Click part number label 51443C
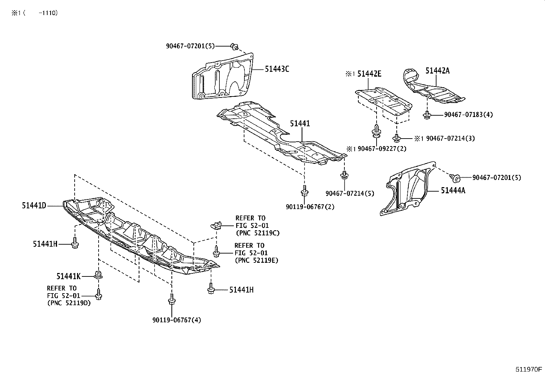click(277, 69)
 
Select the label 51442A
click(437, 71)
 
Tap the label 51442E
click(369, 74)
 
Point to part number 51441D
click(34, 206)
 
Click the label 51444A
click(453, 191)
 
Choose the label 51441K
click(68, 276)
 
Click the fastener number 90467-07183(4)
click(468, 115)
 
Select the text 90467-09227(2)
click(382, 149)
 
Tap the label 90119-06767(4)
click(177, 320)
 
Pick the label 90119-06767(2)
click(310, 207)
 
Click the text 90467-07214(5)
click(350, 193)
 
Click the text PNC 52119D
click(69, 303)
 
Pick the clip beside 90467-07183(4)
click(427, 115)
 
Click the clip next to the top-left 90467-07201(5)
click(235, 46)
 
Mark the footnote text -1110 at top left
click(48, 13)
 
